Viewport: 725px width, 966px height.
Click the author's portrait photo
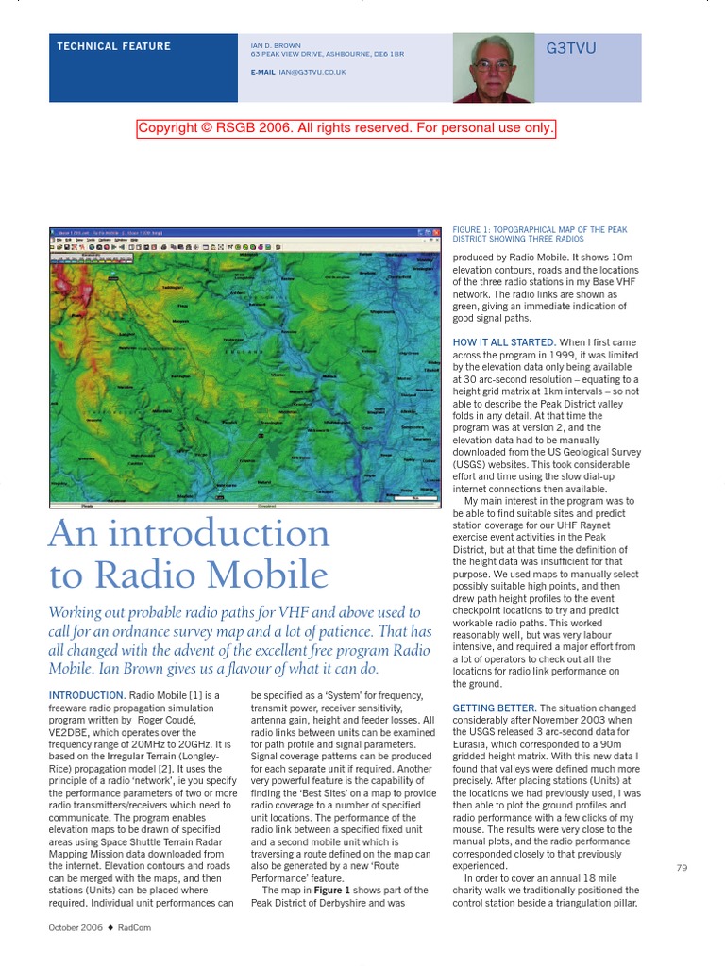(493, 67)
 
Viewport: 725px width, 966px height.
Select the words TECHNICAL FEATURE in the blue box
(113, 46)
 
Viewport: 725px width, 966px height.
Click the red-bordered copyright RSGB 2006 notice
(346, 128)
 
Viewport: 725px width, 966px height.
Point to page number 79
(682, 868)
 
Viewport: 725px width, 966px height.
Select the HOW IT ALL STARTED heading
(504, 342)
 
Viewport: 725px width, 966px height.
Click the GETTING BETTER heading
(494, 708)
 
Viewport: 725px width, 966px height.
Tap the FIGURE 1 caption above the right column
(539, 235)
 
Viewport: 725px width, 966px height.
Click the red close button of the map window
(435, 232)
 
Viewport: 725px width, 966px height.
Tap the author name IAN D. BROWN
(275, 45)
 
